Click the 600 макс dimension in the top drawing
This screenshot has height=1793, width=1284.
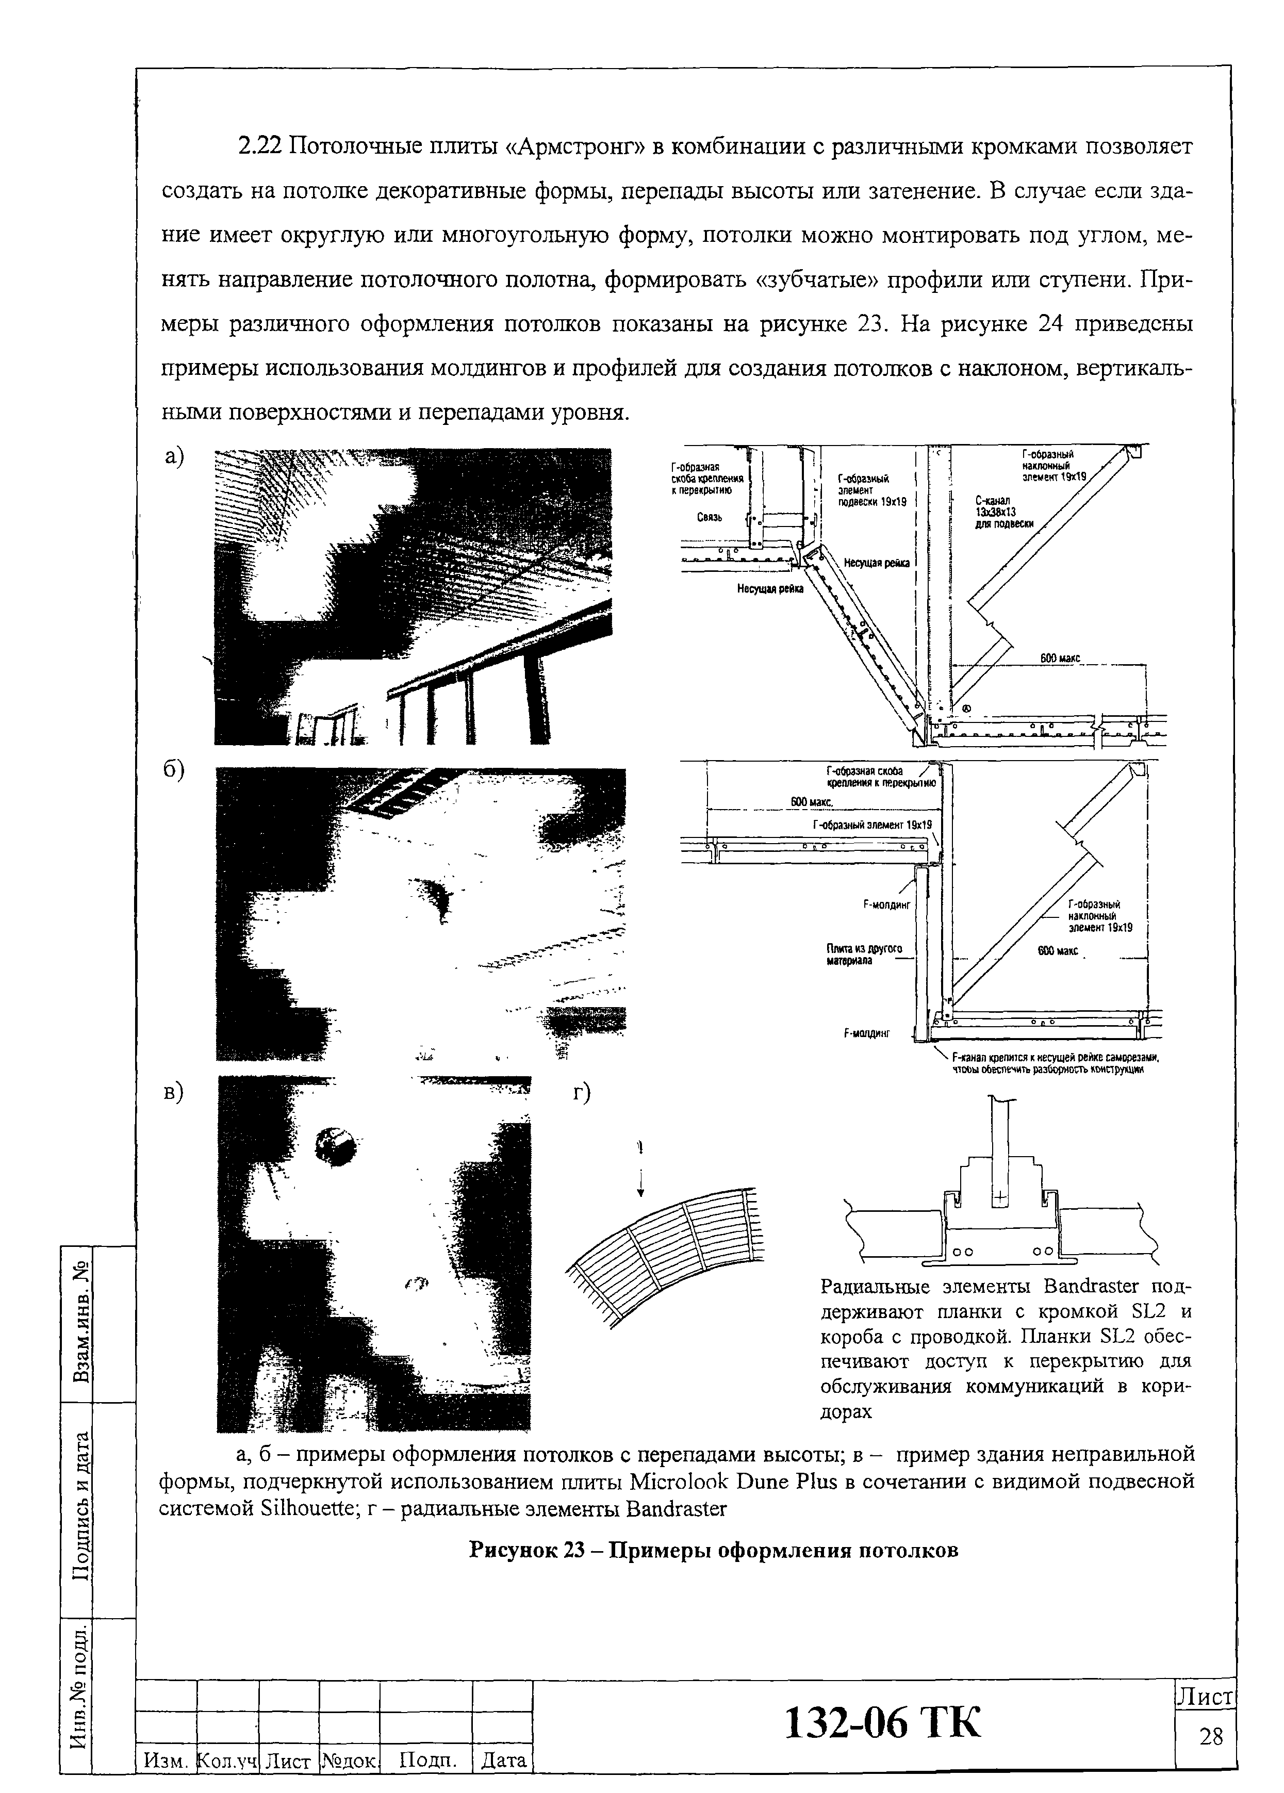[x=1060, y=658]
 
